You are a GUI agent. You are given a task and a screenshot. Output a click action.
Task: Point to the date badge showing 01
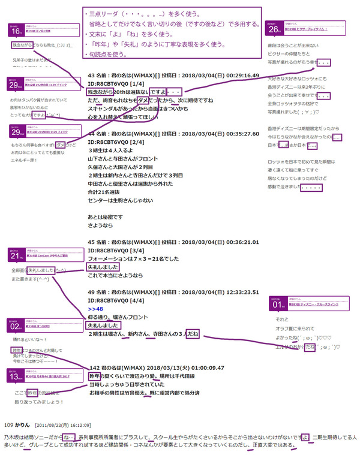[x=277, y=305]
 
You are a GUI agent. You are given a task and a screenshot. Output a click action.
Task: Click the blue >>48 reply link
[x=94, y=309]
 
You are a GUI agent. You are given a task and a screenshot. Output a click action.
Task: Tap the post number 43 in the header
[x=92, y=76]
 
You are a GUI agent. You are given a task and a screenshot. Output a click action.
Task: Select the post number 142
[x=94, y=368]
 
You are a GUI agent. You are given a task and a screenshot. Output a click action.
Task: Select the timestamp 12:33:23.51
[x=238, y=292]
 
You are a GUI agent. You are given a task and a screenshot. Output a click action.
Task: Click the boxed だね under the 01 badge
[x=310, y=346]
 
